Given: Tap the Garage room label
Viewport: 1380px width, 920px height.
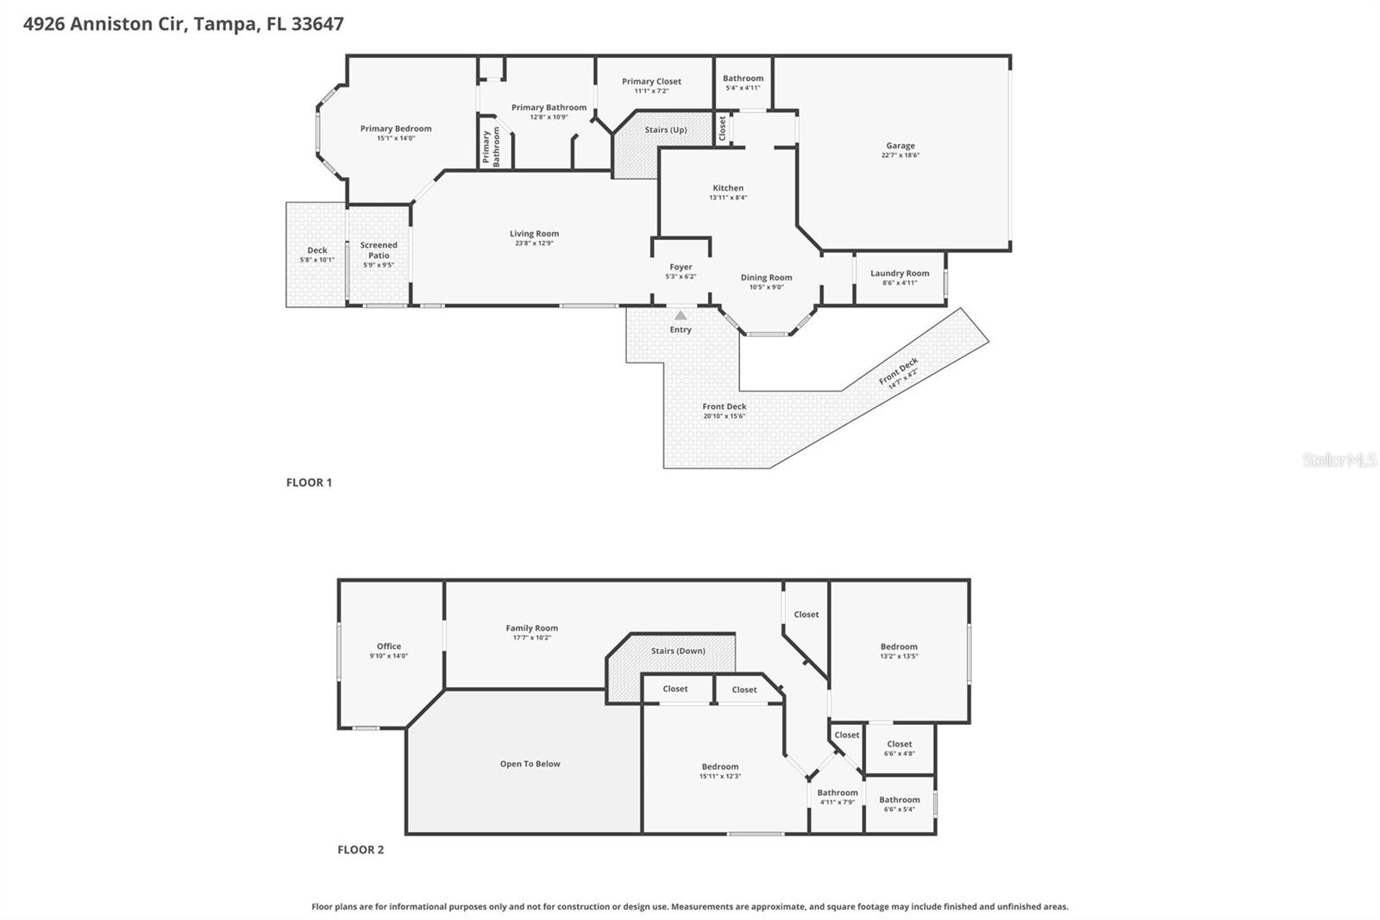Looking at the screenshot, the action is click(900, 146).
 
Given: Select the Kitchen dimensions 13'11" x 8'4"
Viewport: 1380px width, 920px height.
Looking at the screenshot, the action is click(728, 198).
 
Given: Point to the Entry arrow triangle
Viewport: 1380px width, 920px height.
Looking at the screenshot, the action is click(681, 315).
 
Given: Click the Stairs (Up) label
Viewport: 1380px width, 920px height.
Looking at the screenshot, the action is click(665, 129).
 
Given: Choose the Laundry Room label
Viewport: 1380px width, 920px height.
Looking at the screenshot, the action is click(900, 274).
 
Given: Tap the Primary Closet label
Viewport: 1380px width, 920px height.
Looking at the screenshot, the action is click(651, 81).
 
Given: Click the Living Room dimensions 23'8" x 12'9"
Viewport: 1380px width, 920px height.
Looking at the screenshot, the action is click(534, 243).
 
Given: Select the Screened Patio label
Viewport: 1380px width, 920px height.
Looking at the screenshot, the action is click(379, 249).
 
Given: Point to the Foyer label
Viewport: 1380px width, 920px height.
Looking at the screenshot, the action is click(681, 267).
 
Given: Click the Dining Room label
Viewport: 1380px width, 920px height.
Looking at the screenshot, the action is click(767, 278).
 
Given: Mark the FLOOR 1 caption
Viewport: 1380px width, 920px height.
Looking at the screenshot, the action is click(309, 482).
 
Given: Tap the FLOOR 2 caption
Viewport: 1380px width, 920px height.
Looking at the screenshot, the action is click(361, 850).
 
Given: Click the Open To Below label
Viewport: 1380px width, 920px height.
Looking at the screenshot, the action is click(530, 764).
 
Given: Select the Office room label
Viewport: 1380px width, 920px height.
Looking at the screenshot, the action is click(389, 646).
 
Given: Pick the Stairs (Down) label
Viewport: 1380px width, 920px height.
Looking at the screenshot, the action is click(678, 651).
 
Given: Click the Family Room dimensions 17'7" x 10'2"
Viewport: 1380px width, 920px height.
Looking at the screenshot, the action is click(531, 638).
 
